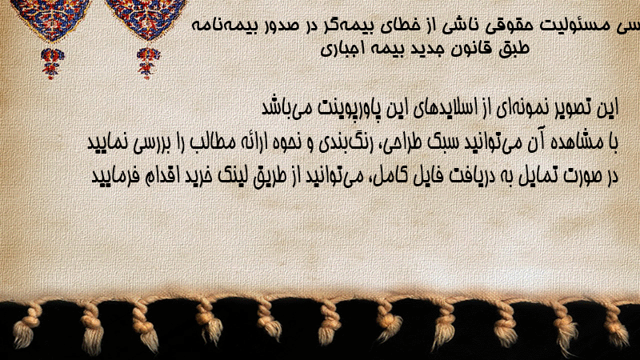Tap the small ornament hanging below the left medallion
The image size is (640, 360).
pyautogui.click(x=52, y=63)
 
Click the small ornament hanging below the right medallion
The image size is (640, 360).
pyautogui.click(x=148, y=63)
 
